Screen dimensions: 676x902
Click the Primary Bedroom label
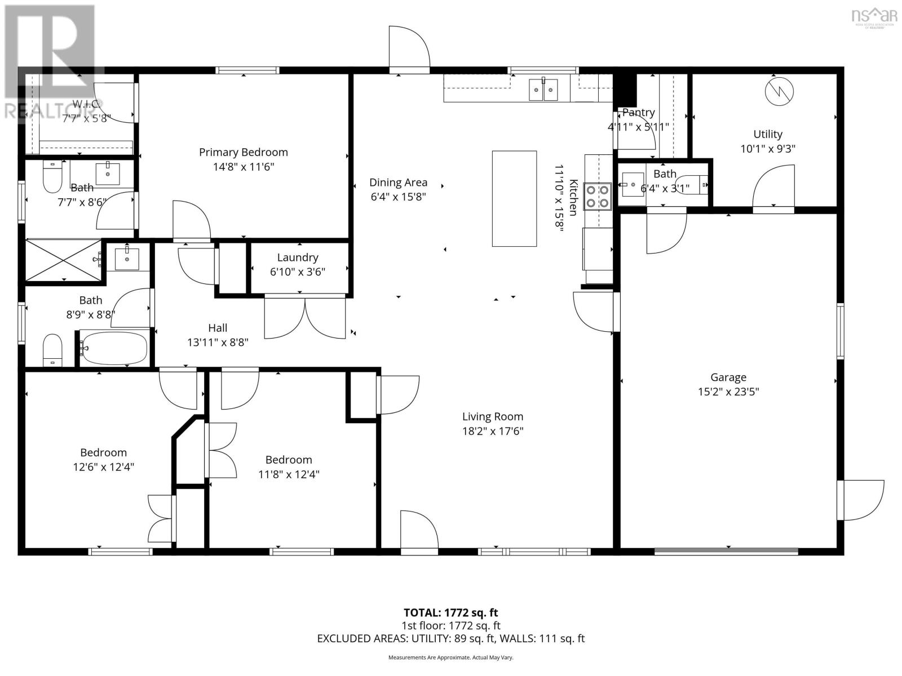(243, 152)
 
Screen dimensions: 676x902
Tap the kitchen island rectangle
(514, 198)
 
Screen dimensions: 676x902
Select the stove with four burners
(598, 196)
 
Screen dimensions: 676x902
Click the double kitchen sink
(543, 90)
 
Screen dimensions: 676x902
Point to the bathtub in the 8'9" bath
(114, 348)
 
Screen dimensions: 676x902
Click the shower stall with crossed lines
(63, 259)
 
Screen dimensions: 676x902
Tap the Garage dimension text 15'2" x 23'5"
(728, 392)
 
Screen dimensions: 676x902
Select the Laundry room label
(298, 257)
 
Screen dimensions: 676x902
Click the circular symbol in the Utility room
(779, 91)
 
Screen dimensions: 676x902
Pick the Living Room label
(493, 417)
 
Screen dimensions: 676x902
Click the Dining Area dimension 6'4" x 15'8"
(398, 197)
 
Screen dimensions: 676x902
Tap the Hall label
(218, 328)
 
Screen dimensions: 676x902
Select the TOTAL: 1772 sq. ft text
(450, 612)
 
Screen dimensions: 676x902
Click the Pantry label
(638, 113)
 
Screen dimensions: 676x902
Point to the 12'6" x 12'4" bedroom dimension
(103, 467)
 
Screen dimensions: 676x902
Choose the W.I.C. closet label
(87, 104)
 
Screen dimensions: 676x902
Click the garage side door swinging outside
(861, 500)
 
